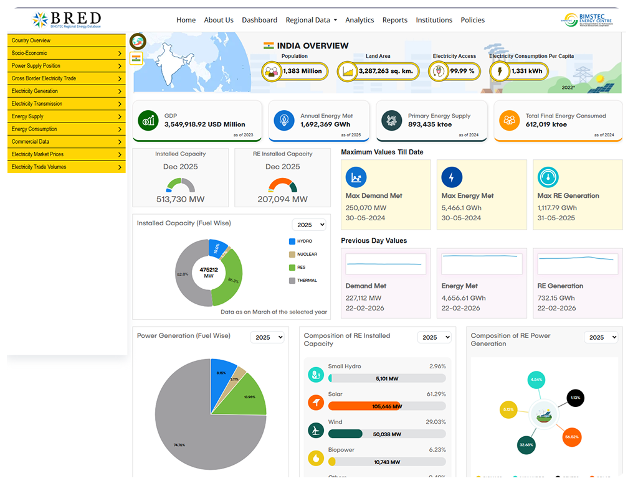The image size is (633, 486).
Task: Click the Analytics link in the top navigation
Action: (x=359, y=20)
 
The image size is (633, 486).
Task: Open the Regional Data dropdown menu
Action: (x=311, y=20)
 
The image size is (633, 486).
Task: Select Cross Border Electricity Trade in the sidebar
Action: (x=66, y=78)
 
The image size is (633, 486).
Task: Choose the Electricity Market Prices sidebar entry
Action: (x=66, y=154)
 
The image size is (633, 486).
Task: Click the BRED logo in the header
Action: (x=67, y=19)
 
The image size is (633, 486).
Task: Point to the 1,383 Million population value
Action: (x=302, y=71)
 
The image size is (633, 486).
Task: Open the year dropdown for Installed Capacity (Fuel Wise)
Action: (x=309, y=225)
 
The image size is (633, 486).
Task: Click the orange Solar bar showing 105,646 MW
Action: (x=364, y=406)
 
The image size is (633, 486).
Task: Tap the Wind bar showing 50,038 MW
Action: (x=345, y=434)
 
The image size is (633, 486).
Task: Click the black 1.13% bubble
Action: (x=575, y=398)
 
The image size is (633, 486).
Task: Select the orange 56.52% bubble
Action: (x=571, y=437)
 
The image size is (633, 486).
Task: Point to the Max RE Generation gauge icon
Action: (x=548, y=177)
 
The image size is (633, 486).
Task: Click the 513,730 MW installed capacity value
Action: (x=180, y=200)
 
